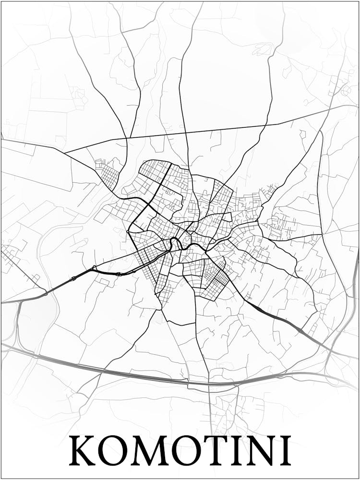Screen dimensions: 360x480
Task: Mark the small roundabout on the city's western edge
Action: tap(129, 232)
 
